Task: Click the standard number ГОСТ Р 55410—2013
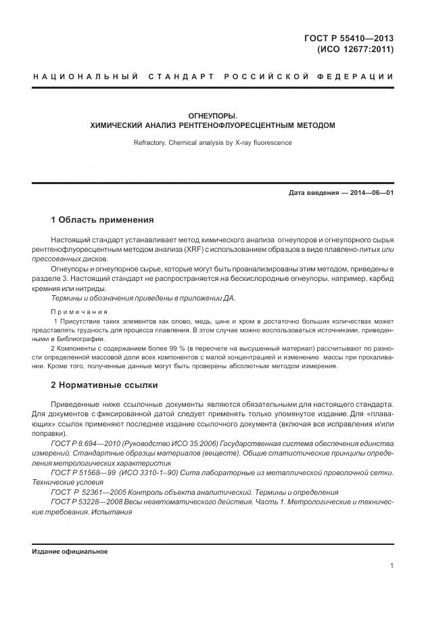[349, 38]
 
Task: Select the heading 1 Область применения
[102, 220]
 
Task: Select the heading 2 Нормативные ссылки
[104, 385]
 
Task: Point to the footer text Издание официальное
[70, 552]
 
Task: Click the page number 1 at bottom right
[392, 565]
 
